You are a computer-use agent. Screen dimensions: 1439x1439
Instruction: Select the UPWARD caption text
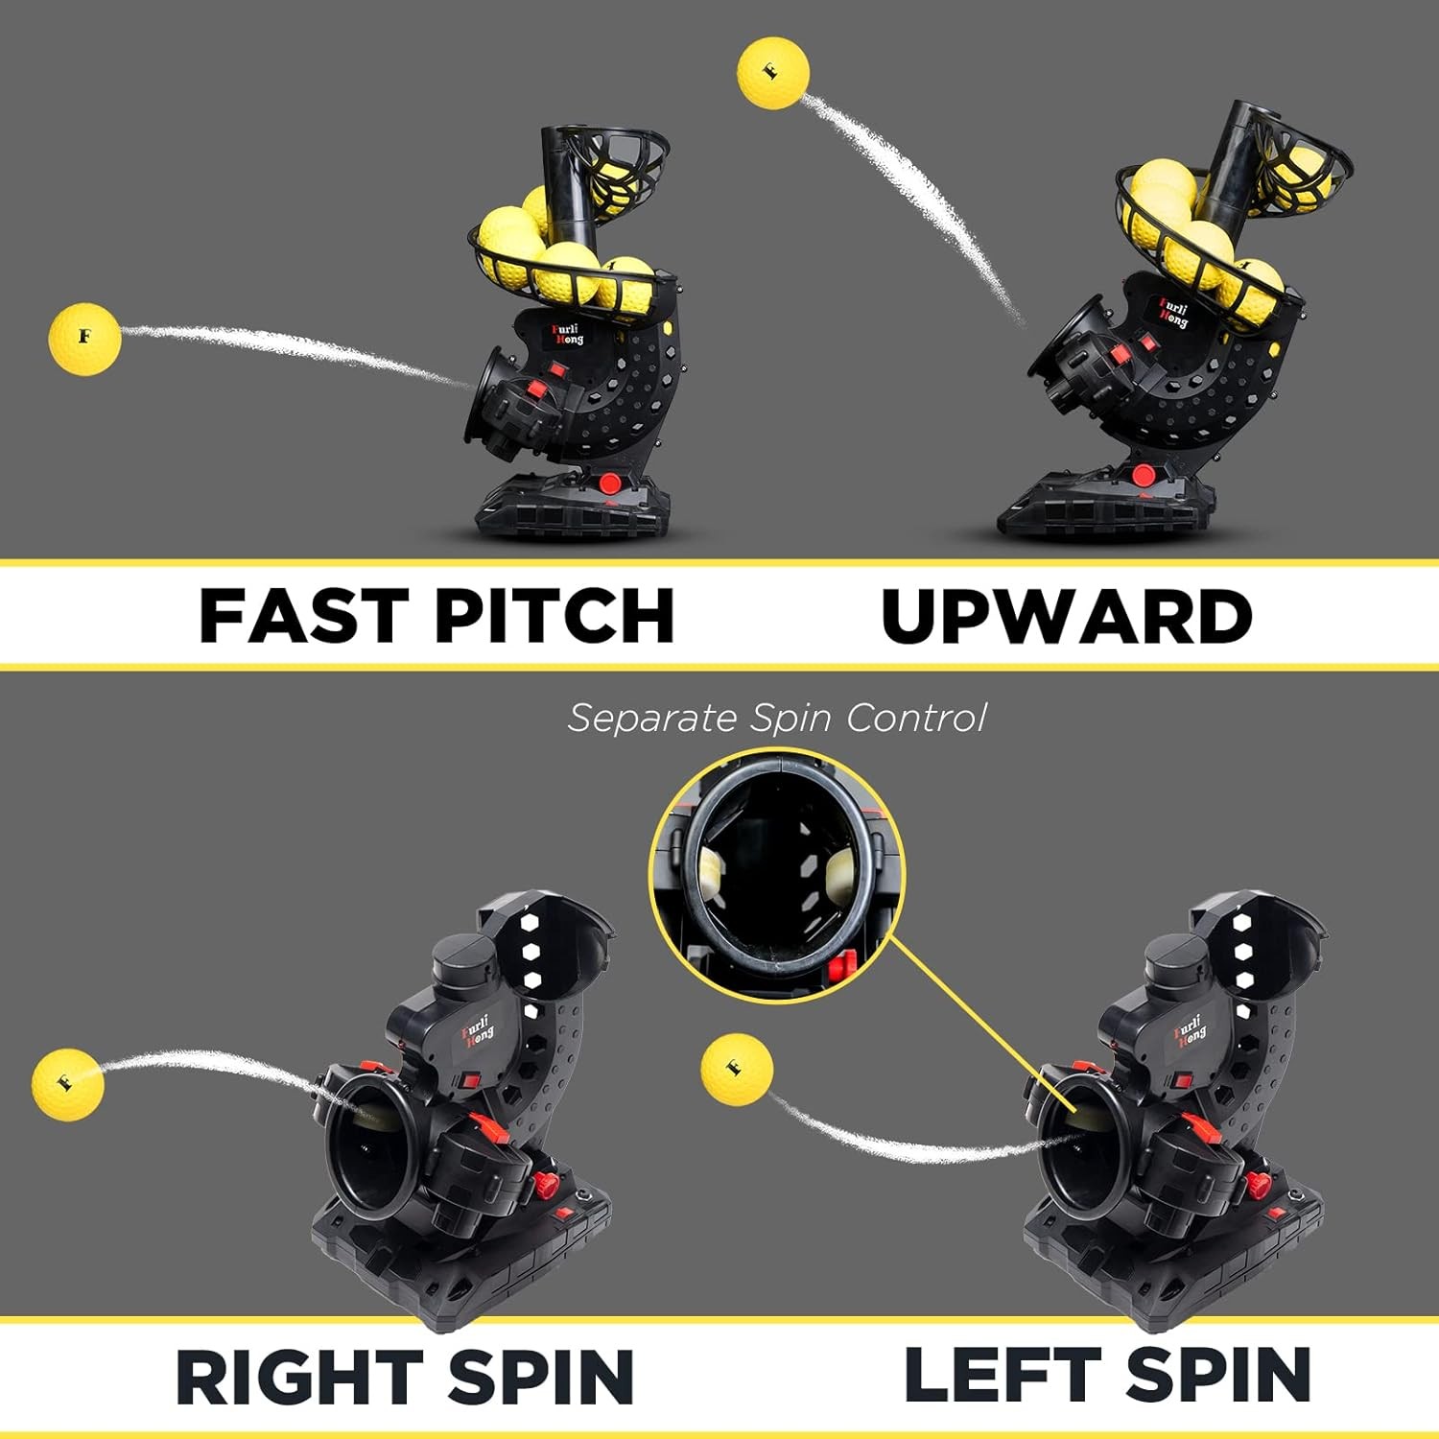(x=1066, y=615)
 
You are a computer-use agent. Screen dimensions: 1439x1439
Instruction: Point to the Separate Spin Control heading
(x=776, y=718)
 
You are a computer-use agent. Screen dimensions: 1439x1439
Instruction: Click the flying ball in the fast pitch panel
(x=84, y=339)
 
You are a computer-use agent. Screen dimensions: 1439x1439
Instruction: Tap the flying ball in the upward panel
(x=773, y=72)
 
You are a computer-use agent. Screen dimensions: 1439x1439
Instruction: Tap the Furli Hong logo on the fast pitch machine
(x=565, y=335)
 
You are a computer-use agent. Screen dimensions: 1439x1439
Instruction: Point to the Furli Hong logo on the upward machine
(x=1172, y=313)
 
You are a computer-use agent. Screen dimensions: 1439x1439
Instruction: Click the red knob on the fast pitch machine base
(x=608, y=483)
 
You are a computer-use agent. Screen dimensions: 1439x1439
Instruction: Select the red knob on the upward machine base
(x=1143, y=475)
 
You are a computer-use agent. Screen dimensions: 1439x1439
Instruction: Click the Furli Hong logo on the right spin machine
(x=477, y=1031)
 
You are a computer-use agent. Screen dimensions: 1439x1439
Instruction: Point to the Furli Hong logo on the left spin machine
(x=1190, y=1030)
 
